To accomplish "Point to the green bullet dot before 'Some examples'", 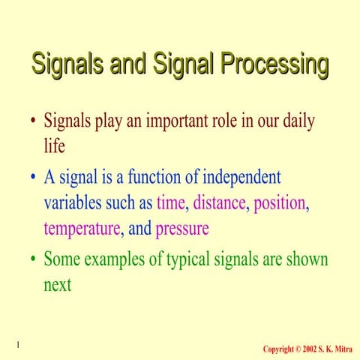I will point(33,261).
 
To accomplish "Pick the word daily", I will point(295,121).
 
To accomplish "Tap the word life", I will point(55,146).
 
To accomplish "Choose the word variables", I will point(75,202).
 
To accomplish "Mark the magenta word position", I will point(282,203).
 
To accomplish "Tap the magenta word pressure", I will point(181,229).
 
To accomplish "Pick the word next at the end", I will point(58,285).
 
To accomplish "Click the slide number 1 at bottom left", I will point(16,344).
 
